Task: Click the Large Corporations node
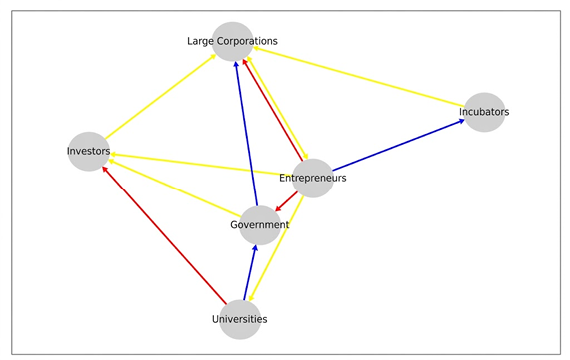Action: point(233,41)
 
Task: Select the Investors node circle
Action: point(89,151)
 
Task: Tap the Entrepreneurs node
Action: point(313,178)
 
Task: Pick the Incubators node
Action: point(484,112)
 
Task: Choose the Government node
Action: point(260,225)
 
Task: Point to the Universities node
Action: point(240,319)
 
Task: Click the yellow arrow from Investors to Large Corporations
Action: point(160,97)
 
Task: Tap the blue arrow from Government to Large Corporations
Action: point(246,134)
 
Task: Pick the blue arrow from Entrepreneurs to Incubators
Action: point(398,145)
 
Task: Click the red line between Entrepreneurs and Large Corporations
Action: point(272,110)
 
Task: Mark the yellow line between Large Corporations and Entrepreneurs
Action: point(278,108)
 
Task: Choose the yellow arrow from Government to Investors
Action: point(174,188)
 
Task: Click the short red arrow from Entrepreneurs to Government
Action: point(286,201)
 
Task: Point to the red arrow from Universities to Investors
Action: point(164,235)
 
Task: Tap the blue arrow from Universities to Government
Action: point(250,273)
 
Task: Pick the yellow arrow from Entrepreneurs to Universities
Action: point(276,249)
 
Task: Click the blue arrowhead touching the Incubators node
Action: point(462,121)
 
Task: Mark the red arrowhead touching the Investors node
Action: point(105,169)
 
